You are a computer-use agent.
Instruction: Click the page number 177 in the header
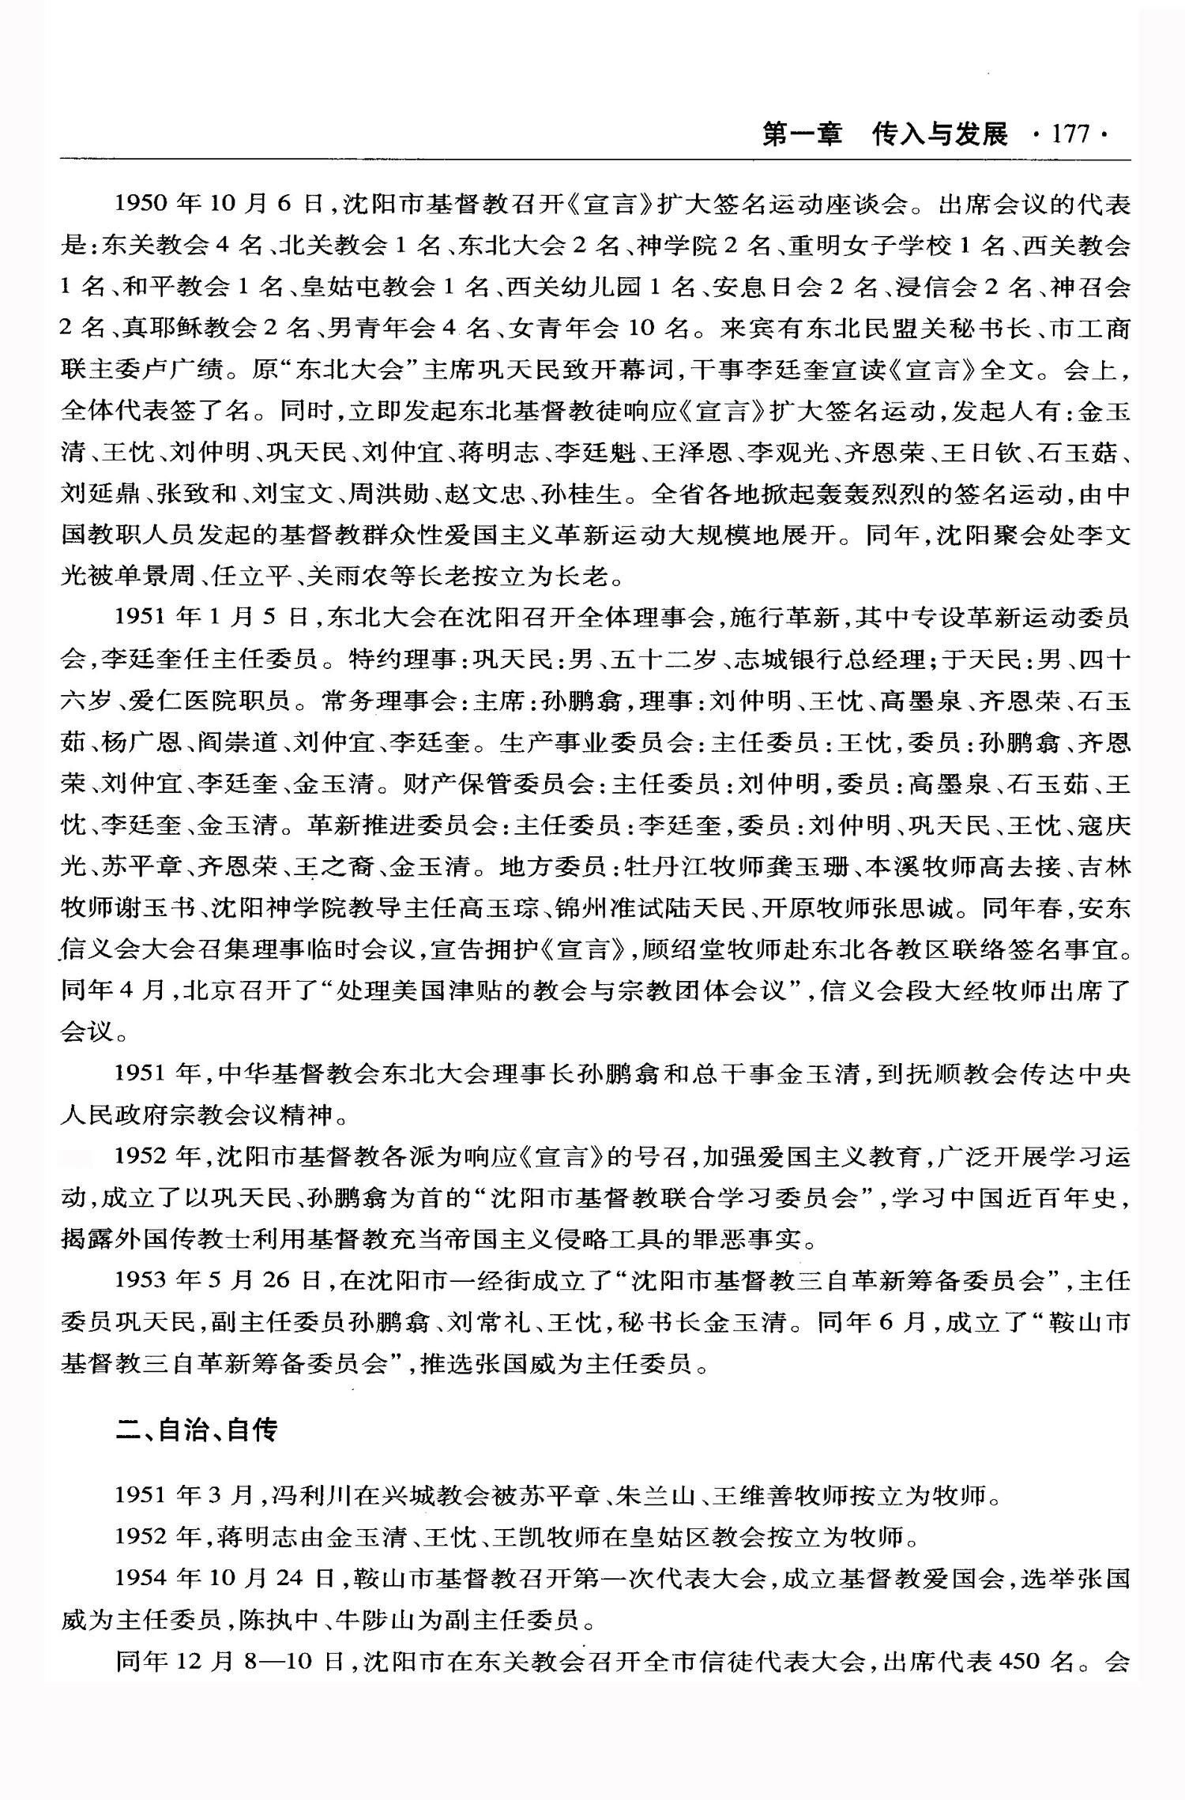point(1070,134)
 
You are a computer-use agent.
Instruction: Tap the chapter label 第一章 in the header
point(803,134)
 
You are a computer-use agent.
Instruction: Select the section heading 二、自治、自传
point(197,1429)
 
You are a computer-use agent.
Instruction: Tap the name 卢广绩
point(203,369)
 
